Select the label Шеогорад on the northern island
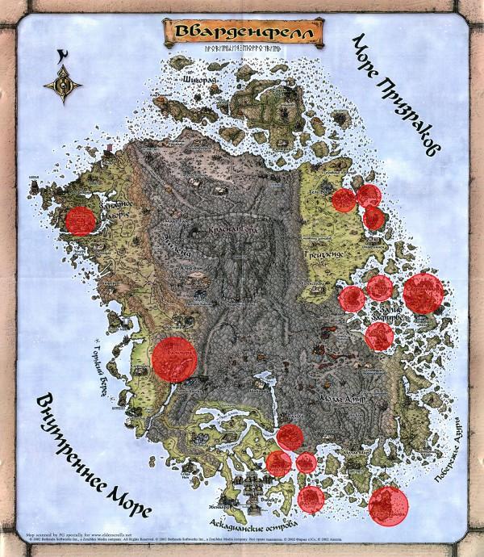[x=202, y=80]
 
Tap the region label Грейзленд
[x=322, y=253]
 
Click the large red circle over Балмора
[x=174, y=357]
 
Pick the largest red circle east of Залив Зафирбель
[x=423, y=293]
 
